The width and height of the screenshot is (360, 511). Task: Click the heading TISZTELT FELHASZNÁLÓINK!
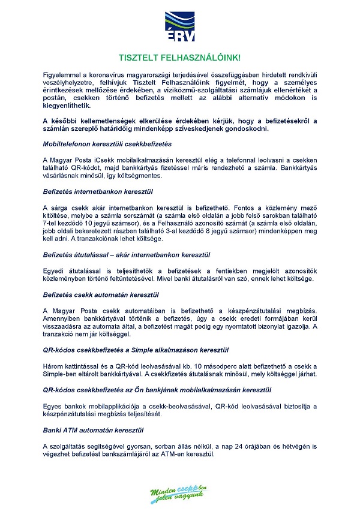point(180,58)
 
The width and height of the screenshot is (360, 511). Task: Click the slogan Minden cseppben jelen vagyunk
point(179,492)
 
